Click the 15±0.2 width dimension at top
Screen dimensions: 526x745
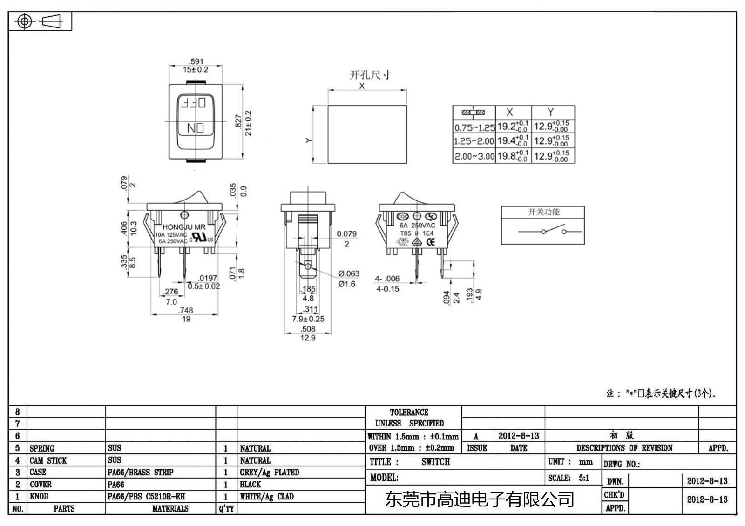195,70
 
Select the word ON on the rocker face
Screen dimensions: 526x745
195,128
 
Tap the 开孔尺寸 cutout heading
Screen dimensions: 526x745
370,75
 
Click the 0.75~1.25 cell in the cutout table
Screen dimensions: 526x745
474,127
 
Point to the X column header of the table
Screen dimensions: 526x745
509,112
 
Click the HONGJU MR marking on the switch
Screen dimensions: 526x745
183,227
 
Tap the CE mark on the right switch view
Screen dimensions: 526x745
431,242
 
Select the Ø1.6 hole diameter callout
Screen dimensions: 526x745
346,284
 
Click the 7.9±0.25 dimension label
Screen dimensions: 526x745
308,319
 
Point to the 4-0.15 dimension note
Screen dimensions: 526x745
387,289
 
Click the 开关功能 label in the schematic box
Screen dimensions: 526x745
543,212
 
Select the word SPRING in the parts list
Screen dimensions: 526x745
42,448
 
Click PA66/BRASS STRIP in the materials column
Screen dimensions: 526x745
140,473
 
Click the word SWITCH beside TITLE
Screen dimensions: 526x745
435,462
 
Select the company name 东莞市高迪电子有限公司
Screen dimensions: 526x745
479,499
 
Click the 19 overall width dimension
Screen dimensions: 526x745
186,319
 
